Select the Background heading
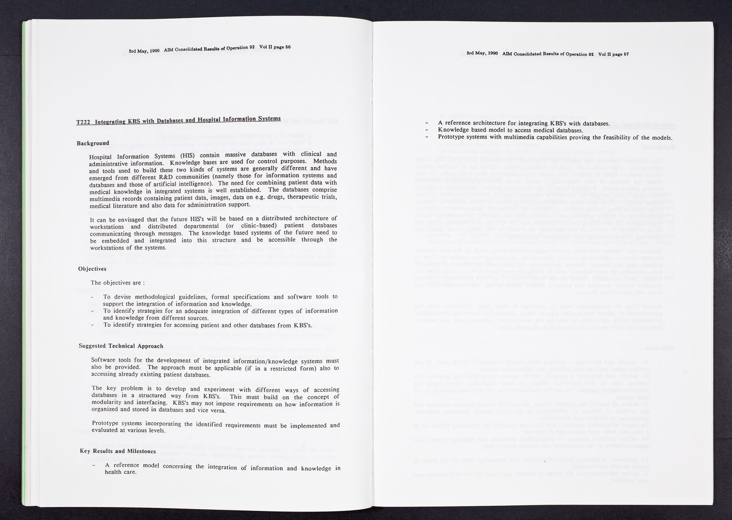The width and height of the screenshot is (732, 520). pos(93,144)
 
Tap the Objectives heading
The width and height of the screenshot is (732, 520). pos(92,268)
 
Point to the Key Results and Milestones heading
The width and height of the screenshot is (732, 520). pos(118,451)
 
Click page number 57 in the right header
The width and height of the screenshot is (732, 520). pos(626,54)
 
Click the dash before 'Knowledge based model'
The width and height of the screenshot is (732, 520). pos(427,130)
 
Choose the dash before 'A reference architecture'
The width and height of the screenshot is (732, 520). pos(427,123)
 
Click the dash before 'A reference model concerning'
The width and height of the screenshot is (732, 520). pos(94,466)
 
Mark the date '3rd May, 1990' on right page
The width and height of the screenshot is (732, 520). pos(482,54)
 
